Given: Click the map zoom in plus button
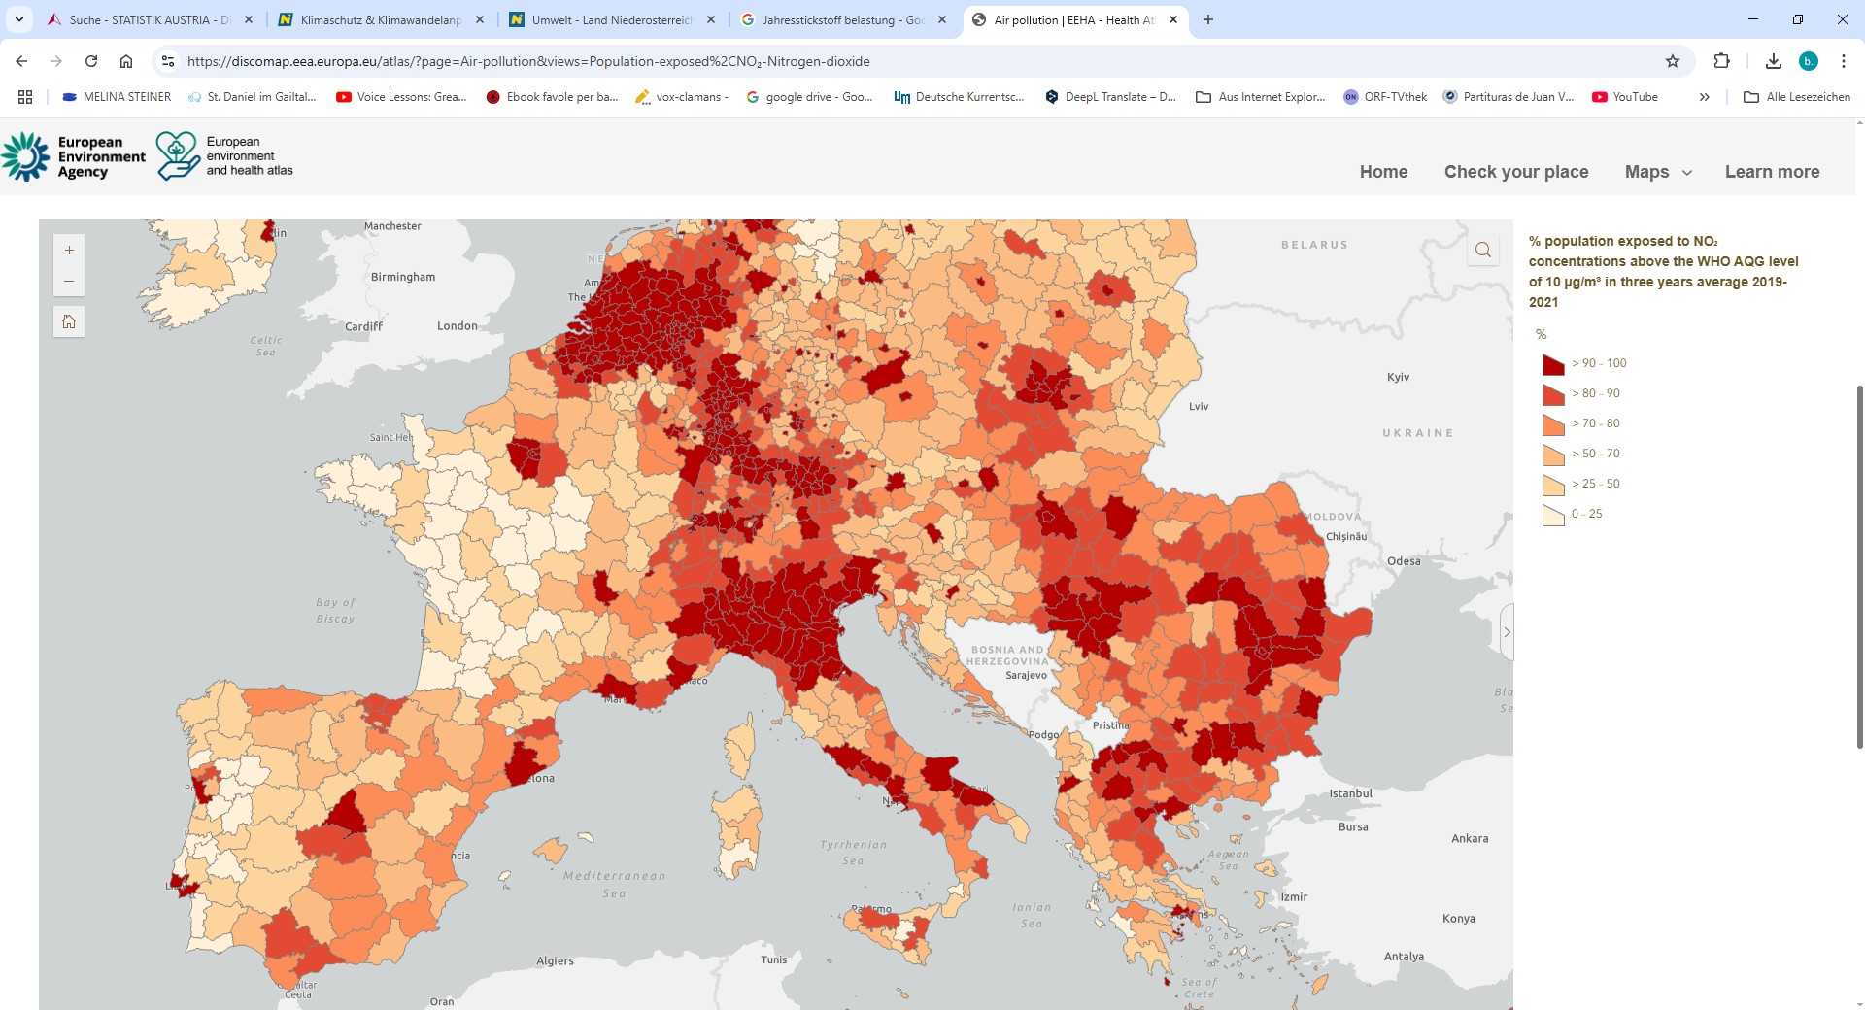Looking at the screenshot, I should click(x=69, y=251).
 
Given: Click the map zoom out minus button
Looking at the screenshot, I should click(x=69, y=282).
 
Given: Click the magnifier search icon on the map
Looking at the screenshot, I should click(x=1482, y=251).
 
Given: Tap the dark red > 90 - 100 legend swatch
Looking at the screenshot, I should click(x=1553, y=364).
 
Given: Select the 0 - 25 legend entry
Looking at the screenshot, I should click(x=1586, y=514).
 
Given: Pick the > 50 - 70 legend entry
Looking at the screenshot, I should click(x=1595, y=454).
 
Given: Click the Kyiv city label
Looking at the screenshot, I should click(x=1398, y=377).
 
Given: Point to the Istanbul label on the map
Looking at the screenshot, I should click(x=1350, y=793).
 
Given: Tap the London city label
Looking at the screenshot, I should click(x=457, y=326).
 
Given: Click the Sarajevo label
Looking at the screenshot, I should click(x=1026, y=675).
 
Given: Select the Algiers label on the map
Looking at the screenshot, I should click(x=555, y=961).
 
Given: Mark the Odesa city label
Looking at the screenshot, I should click(x=1404, y=561).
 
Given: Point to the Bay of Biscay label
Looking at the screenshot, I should click(x=335, y=610).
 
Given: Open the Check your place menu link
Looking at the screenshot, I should click(x=1515, y=172).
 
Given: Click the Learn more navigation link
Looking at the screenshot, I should click(x=1772, y=172).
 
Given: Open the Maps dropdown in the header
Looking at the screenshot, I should click(x=1657, y=172).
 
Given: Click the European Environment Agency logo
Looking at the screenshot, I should click(x=74, y=156).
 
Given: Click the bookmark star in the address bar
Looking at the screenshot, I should click(x=1672, y=61).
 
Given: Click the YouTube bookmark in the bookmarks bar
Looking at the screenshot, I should click(x=1625, y=97).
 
